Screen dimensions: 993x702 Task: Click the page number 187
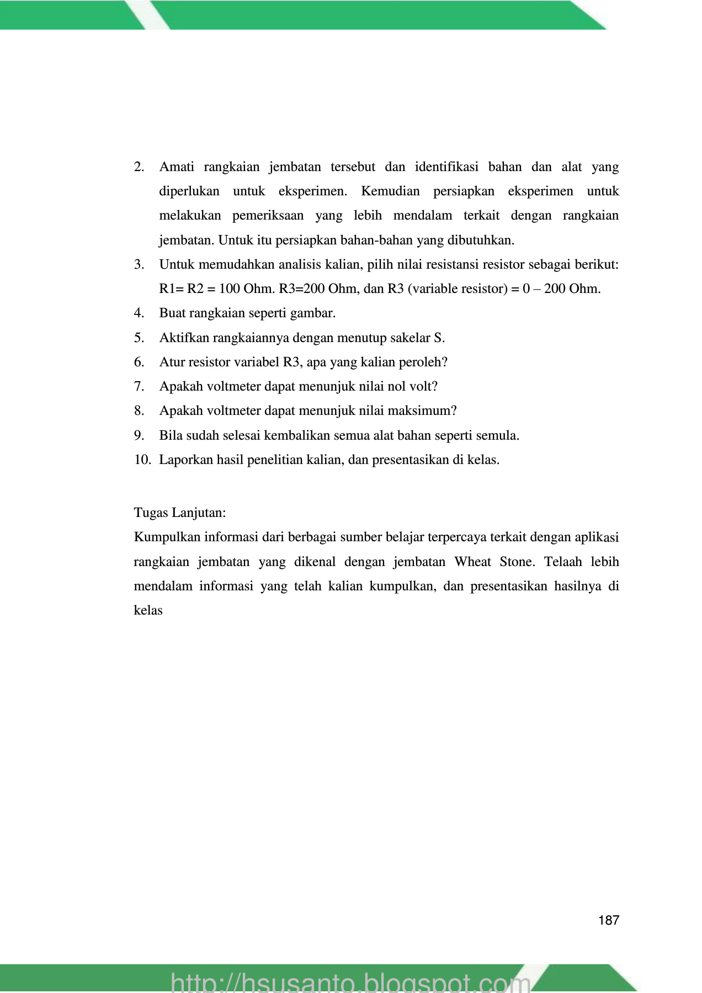tap(608, 920)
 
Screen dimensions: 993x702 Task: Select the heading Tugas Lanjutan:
tap(180, 512)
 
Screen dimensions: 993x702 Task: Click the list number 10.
tap(142, 460)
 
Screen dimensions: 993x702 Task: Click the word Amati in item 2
tap(177, 167)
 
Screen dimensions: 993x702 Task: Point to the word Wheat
tap(473, 562)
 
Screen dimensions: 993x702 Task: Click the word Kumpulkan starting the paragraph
tap(167, 537)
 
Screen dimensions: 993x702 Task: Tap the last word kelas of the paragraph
tap(148, 610)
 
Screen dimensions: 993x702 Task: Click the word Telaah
tap(563, 562)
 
